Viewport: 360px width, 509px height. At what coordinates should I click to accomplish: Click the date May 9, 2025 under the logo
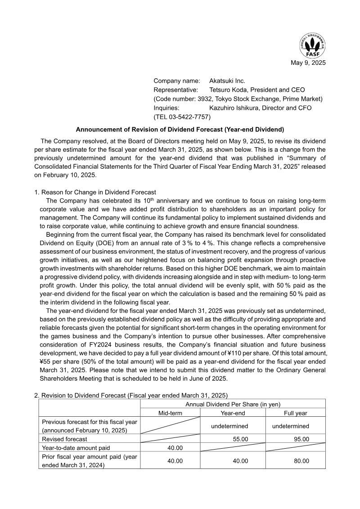click(x=308, y=63)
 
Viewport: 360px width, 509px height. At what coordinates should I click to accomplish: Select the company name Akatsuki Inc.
click(x=227, y=81)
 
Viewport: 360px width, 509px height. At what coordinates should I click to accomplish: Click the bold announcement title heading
click(x=180, y=129)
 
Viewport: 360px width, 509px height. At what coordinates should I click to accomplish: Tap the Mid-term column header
click(x=170, y=413)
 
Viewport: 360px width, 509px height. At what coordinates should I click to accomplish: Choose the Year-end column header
click(x=233, y=413)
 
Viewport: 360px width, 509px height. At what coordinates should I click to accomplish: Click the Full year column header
click(x=296, y=413)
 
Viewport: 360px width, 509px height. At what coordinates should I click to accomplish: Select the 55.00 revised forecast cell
click(x=239, y=439)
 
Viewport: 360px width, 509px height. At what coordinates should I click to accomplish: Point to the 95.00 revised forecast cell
click(x=301, y=439)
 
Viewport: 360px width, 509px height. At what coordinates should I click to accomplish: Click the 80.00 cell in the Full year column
click(x=301, y=461)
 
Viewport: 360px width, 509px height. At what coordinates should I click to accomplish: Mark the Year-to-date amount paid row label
click(x=76, y=448)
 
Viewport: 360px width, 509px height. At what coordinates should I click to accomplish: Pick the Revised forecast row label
click(x=64, y=439)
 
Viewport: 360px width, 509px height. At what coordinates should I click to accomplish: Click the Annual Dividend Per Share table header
click(x=233, y=404)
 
